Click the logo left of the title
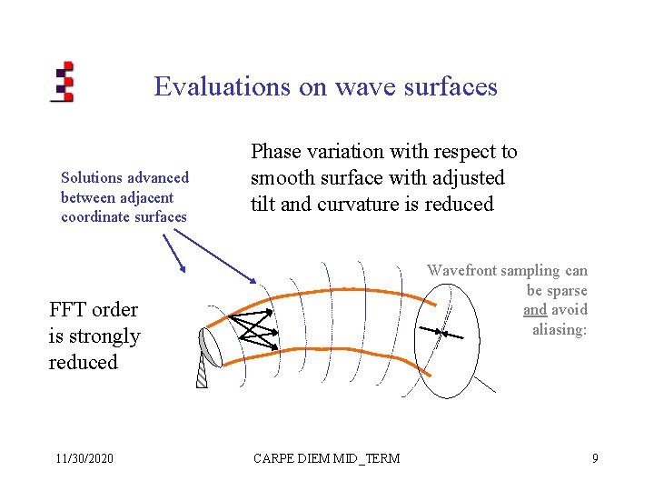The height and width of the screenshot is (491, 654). click(x=63, y=82)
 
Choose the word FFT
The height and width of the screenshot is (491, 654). click(x=67, y=309)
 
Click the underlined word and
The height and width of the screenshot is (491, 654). click(x=535, y=310)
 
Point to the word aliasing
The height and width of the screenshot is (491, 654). click(x=560, y=329)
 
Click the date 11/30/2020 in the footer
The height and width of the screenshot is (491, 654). click(x=82, y=458)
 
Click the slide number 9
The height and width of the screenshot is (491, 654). click(x=595, y=458)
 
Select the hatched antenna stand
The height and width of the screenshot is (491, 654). click(x=201, y=374)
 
